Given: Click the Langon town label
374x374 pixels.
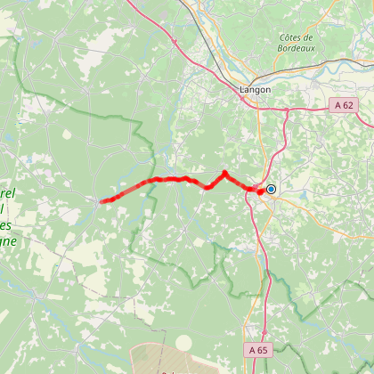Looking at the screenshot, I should coord(255,90).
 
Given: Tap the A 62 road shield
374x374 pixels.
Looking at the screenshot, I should coord(346,105).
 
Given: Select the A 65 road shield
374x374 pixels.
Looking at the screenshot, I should coord(258,350).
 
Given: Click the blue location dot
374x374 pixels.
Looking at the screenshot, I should coord(271,189).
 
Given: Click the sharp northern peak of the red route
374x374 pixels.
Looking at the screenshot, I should coord(224,173).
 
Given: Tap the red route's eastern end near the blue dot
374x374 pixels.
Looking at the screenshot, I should coord(261,191).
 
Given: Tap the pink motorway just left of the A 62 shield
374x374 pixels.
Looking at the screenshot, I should coord(316,109).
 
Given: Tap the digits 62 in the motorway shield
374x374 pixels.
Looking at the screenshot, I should coord(349,105).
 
